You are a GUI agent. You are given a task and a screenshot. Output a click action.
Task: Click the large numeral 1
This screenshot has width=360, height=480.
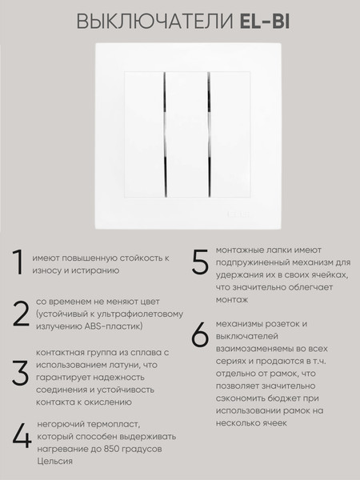pos(16,263)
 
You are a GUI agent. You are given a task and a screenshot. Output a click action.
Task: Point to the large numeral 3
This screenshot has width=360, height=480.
pos(20,372)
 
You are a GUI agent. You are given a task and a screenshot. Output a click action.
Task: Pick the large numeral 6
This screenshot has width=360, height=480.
pos(200,335)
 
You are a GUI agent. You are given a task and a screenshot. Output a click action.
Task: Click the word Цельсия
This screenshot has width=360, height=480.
pos(55,462)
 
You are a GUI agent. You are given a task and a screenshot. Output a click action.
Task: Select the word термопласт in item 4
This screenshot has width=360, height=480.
pos(112,423)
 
